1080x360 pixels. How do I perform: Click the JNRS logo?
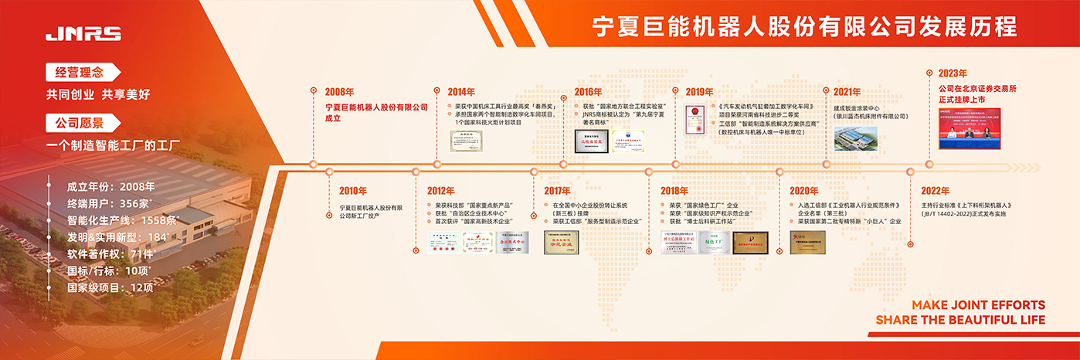[x=83, y=33]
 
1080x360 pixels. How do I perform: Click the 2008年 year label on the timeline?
[x=340, y=92]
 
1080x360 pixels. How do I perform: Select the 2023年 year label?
[x=953, y=73]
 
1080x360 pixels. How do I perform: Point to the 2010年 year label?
[x=353, y=191]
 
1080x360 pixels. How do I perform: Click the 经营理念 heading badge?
[x=79, y=73]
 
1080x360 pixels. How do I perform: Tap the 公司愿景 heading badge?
[x=79, y=122]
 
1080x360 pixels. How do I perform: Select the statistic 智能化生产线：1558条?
[x=122, y=220]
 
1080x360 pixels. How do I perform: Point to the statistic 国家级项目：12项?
[x=111, y=287]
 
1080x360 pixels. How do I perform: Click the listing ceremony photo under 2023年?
[x=969, y=127]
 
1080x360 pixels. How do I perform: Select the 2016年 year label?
[x=588, y=92]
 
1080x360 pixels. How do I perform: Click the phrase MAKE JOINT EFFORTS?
[x=978, y=305]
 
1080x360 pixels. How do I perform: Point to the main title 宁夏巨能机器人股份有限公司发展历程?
[x=803, y=27]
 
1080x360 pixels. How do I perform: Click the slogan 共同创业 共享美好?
[x=97, y=94]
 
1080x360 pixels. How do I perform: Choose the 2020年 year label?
[x=803, y=191]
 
